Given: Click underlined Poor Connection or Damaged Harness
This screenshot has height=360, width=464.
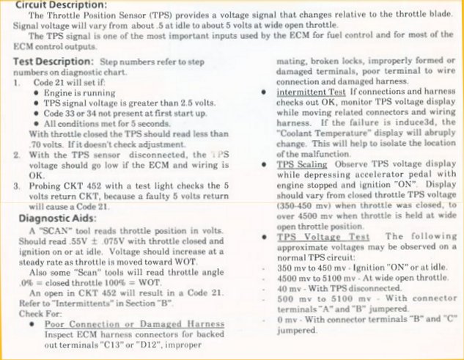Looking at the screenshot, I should (x=135, y=324).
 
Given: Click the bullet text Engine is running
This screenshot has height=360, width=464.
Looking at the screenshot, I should (x=81, y=93).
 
